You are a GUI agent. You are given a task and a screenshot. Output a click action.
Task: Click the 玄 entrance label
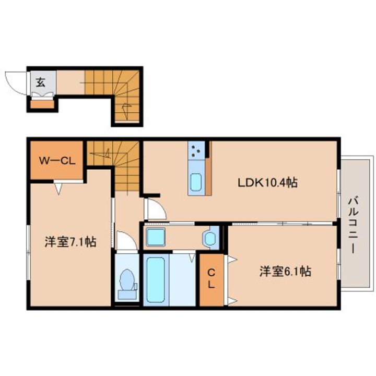click(41, 83)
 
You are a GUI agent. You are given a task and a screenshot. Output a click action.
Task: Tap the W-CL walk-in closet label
click(57, 161)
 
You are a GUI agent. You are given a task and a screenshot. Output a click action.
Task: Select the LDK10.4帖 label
click(267, 183)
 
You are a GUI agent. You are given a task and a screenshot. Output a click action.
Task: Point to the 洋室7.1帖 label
click(70, 242)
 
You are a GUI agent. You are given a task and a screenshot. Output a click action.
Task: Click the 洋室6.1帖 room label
click(285, 272)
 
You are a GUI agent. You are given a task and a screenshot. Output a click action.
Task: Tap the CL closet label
click(211, 278)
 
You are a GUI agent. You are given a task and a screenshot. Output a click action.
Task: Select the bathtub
click(156, 279)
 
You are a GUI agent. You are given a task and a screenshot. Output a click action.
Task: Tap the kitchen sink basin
click(196, 182)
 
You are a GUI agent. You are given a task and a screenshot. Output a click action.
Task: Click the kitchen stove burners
click(196, 150)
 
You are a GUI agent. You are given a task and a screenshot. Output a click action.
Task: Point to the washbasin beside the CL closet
click(210, 238)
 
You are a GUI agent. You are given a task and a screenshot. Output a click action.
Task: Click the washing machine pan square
click(156, 237)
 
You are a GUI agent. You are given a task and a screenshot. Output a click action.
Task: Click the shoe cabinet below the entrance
click(42, 104)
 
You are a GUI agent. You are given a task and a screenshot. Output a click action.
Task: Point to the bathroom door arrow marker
click(192, 258)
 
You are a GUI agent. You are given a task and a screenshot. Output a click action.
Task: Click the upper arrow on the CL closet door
click(232, 260)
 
